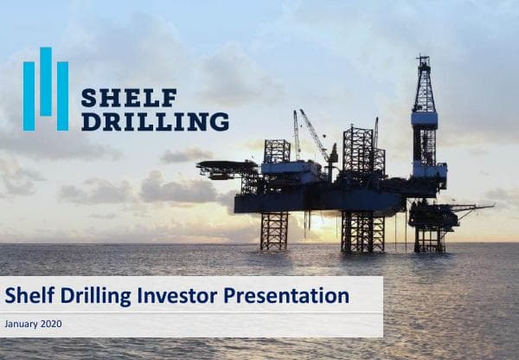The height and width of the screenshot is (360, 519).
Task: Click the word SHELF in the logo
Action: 129,98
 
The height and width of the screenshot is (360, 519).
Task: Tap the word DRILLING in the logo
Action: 155,121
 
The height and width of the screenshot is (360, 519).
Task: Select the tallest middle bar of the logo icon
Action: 45,81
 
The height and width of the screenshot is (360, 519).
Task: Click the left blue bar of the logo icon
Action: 29,96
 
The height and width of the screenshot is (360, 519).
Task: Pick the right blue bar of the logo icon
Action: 62,96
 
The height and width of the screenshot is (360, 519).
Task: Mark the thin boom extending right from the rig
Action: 471,207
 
